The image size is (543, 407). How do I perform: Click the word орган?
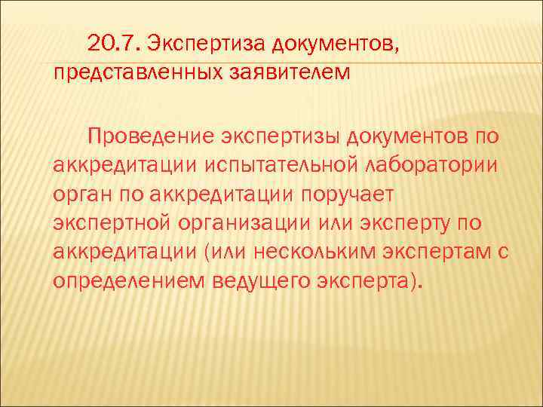click(x=79, y=194)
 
